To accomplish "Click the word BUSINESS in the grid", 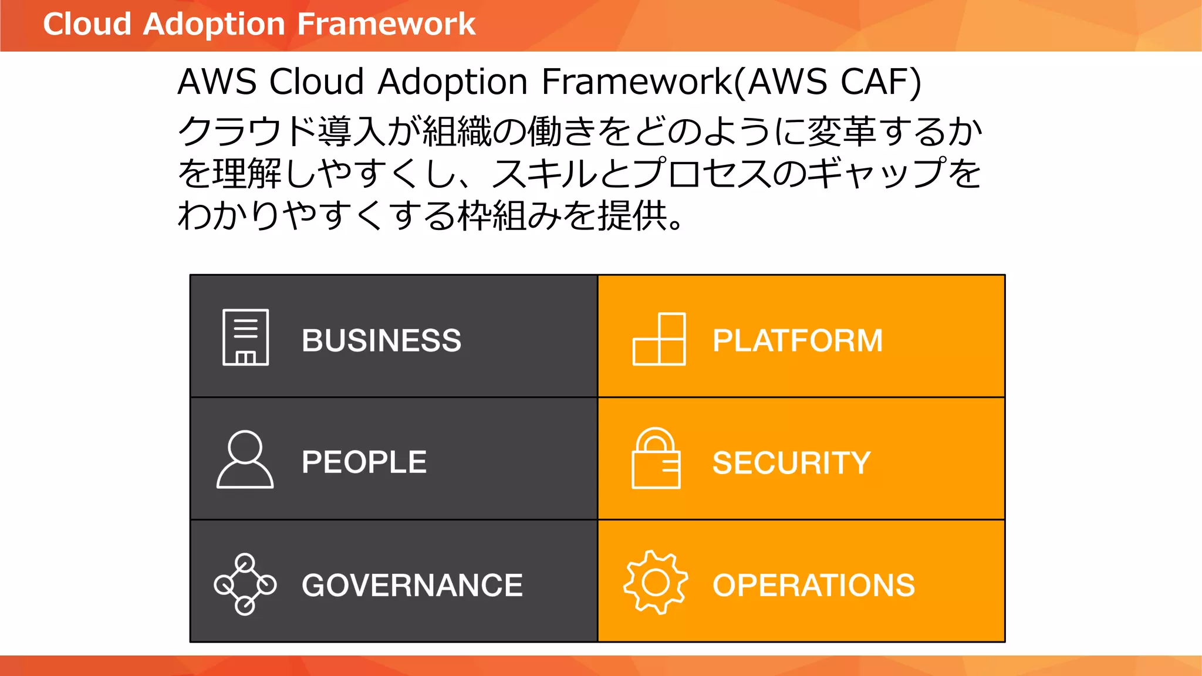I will pyautogui.click(x=381, y=340).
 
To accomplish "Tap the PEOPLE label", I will pyautogui.click(x=364, y=462).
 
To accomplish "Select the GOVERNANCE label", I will pyautogui.click(x=412, y=585).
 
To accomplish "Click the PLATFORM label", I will pyautogui.click(x=798, y=340).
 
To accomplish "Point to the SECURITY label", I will pyautogui.click(x=791, y=462).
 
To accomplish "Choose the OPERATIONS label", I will pyautogui.click(x=813, y=585).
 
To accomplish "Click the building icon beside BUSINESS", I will pyautogui.click(x=245, y=337).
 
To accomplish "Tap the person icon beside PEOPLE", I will pyautogui.click(x=245, y=459).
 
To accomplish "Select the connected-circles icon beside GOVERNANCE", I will pyautogui.click(x=245, y=584).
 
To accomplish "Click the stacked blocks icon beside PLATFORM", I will pyautogui.click(x=659, y=339).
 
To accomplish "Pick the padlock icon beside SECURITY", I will pyautogui.click(x=656, y=458).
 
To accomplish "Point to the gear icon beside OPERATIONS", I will pyautogui.click(x=655, y=582).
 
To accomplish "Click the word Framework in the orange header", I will pyautogui.click(x=386, y=24).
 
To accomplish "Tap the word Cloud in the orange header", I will pyautogui.click(x=87, y=24).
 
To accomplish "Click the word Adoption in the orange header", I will pyautogui.click(x=214, y=25).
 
